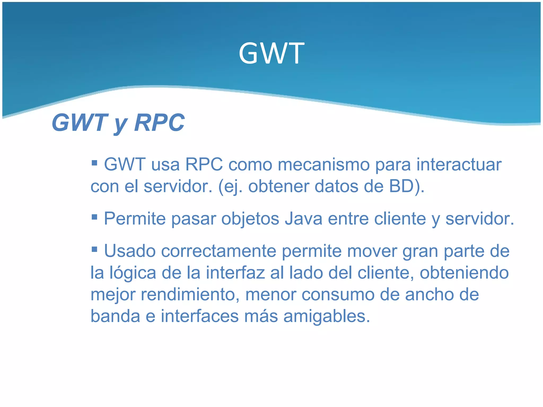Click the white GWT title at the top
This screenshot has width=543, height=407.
tap(271, 54)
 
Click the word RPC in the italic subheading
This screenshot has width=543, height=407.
tap(159, 122)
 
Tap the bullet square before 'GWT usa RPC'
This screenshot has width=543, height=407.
tap(94, 162)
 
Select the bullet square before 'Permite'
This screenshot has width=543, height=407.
tap(94, 217)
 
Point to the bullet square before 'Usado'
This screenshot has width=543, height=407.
tap(94, 249)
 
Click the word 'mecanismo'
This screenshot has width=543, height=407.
tap(323, 165)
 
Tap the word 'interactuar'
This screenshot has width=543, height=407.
tap(459, 165)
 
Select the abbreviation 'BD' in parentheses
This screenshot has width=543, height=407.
tap(401, 186)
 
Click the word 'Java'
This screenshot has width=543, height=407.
tap(303, 219)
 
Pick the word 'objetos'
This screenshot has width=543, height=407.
tap(250, 219)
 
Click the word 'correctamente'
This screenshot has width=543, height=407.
tap(218, 251)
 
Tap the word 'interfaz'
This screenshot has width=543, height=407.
tap(235, 273)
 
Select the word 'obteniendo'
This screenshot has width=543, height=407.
tap(464, 273)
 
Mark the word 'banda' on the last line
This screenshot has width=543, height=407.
tap(115, 316)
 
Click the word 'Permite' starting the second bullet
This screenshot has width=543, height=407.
tap(134, 219)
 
